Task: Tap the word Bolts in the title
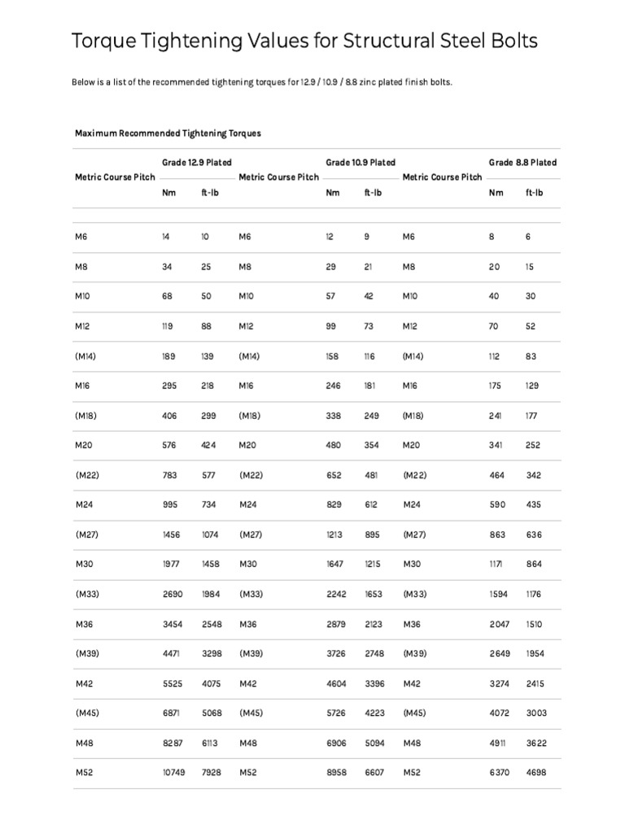(512, 41)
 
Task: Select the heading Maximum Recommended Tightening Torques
(168, 133)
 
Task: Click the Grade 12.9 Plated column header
(196, 163)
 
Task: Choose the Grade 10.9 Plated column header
(361, 163)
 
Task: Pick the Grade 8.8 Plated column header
(522, 163)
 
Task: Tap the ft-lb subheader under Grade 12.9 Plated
(210, 193)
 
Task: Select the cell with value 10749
(174, 772)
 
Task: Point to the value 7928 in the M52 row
(211, 772)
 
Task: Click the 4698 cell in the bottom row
(536, 772)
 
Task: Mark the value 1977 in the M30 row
(172, 564)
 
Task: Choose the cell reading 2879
(336, 624)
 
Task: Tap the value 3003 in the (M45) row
(536, 713)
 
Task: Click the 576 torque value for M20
(169, 445)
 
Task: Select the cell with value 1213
(334, 534)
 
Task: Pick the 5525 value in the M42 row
(173, 683)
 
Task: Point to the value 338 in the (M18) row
(334, 416)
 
